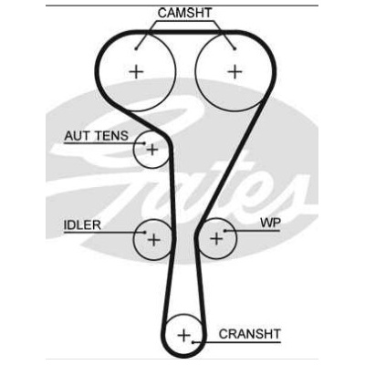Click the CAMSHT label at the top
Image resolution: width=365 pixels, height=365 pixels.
[184, 13]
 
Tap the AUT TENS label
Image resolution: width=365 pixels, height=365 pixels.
[97, 136]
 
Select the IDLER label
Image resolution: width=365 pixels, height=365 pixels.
[82, 225]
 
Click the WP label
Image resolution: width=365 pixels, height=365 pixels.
[270, 223]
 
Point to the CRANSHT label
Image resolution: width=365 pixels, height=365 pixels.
[249, 334]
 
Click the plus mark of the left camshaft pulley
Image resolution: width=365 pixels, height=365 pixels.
[136, 72]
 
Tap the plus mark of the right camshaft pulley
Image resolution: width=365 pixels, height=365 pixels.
[235, 72]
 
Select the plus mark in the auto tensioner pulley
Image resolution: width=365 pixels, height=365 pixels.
[152, 150]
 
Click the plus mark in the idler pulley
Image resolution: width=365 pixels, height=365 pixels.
[154, 240]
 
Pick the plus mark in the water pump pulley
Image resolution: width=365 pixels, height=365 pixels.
[216, 239]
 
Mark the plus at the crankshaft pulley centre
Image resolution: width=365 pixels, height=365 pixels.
[183, 335]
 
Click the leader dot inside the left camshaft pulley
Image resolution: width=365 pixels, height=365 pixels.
[136, 48]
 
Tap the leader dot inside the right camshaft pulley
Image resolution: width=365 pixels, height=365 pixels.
[235, 48]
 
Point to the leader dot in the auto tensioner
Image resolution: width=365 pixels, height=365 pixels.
[144, 143]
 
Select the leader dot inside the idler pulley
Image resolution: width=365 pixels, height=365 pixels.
[145, 233]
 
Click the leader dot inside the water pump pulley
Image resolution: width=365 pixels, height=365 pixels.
[225, 231]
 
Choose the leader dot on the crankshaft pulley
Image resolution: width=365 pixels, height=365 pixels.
[193, 342]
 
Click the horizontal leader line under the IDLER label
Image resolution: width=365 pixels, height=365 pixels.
[104, 233]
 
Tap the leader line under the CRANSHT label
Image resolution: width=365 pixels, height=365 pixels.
[236, 342]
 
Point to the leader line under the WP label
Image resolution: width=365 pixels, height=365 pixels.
[253, 231]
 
